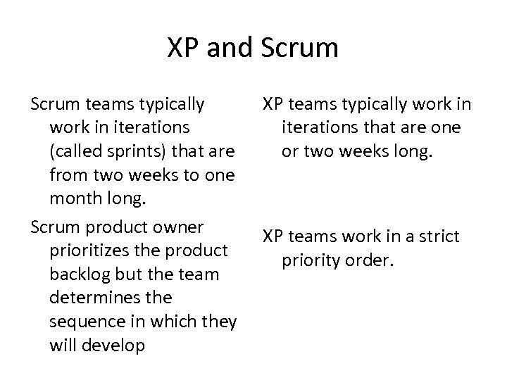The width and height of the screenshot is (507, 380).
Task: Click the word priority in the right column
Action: click(311, 260)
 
